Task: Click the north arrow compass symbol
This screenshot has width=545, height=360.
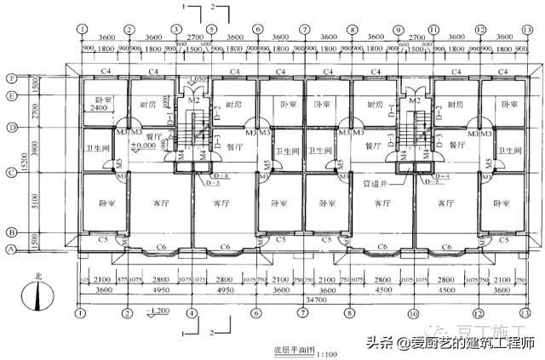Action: (38, 297)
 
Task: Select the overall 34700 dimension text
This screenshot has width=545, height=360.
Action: (303, 301)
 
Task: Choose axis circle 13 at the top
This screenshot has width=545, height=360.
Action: (529, 28)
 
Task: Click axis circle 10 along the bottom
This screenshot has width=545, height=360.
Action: (412, 313)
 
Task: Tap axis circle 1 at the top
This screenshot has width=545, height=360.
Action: (82, 28)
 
